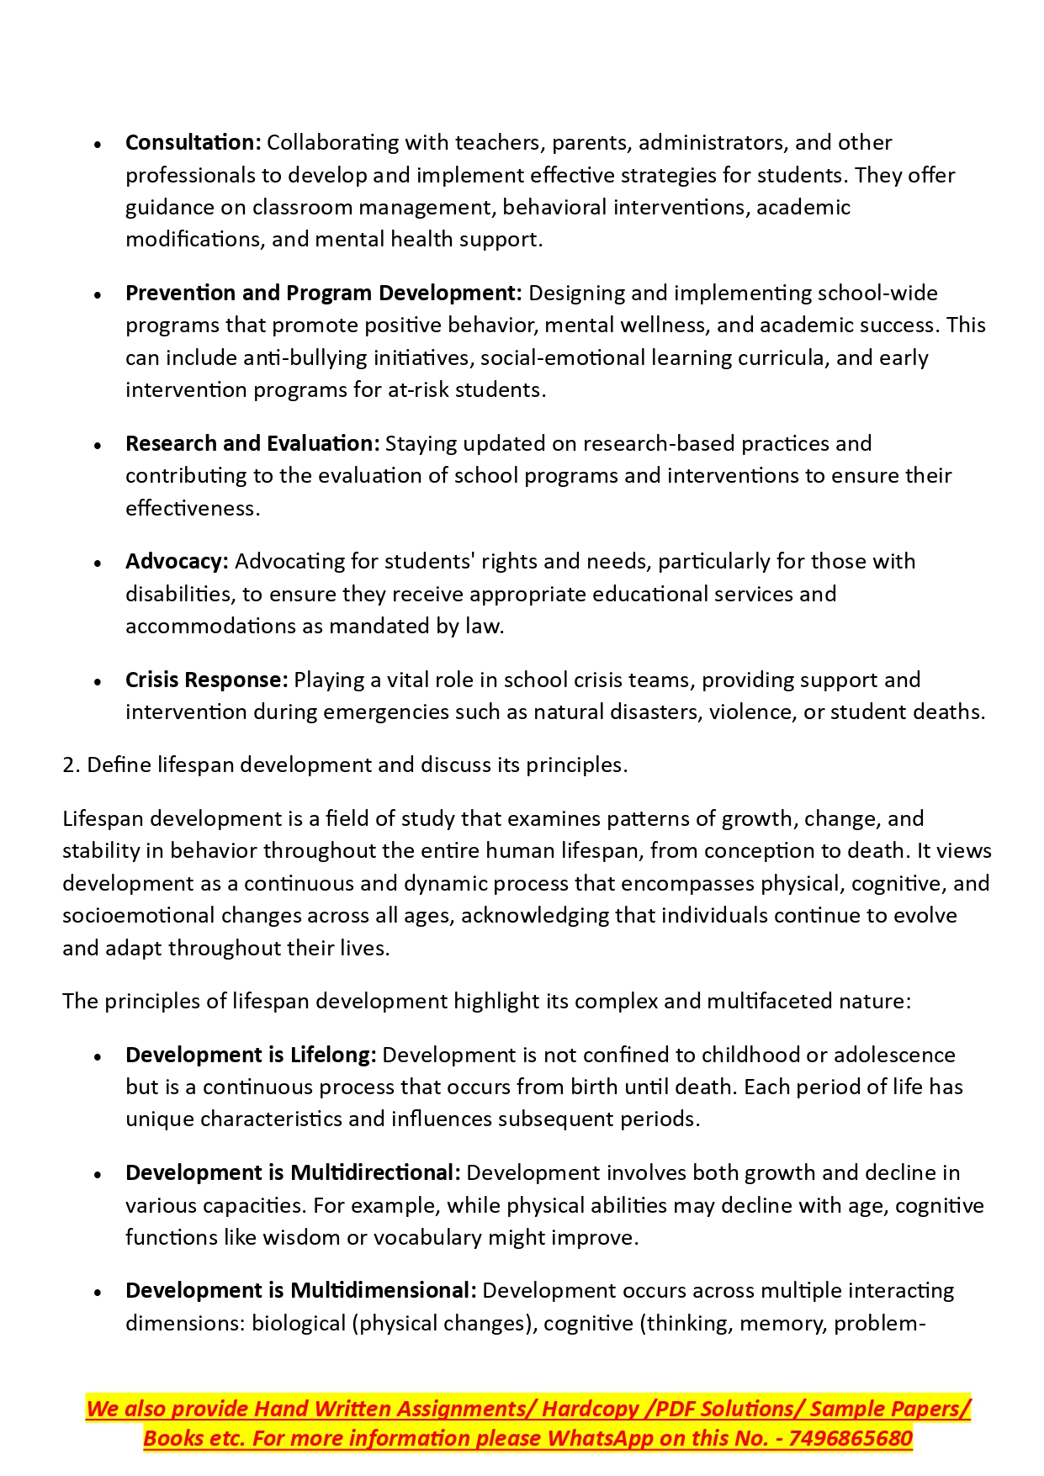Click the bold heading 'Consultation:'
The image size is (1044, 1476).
193,143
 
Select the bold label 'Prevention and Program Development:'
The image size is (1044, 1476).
324,294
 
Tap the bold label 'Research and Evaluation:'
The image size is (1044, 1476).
252,444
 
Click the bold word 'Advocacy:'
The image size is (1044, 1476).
177,562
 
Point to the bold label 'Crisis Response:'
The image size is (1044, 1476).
207,680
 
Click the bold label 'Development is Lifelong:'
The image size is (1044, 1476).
251,1055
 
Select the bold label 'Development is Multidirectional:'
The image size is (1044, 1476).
293,1173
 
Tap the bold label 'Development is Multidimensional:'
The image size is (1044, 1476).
301,1291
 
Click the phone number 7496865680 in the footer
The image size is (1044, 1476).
851,1439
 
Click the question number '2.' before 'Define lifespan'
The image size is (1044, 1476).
72,765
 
